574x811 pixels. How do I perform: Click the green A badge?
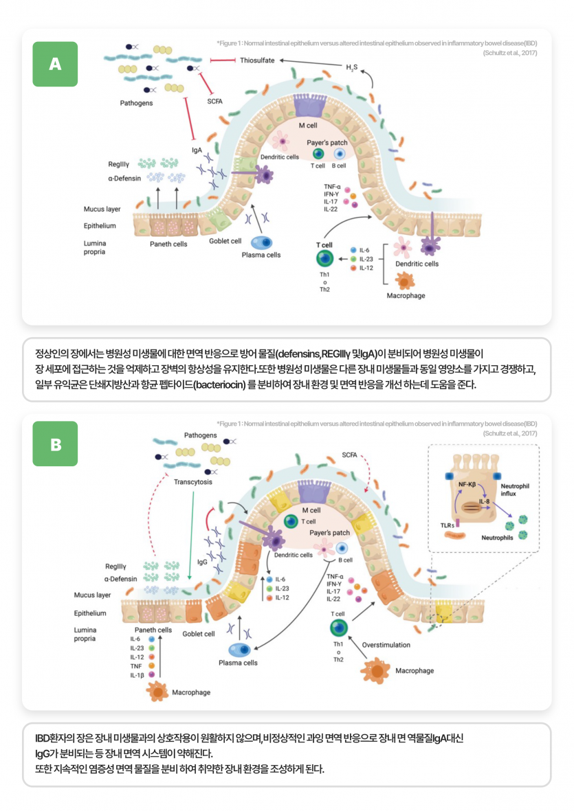click(x=55, y=64)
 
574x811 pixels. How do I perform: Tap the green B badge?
click(x=55, y=444)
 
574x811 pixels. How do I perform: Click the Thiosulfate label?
click(x=257, y=60)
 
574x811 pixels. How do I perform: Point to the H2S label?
click(x=352, y=67)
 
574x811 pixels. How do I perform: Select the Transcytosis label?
click(x=193, y=481)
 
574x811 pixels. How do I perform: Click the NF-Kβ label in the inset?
click(x=468, y=484)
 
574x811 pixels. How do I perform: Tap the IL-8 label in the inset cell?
click(x=485, y=501)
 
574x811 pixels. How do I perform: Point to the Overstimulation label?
click(x=386, y=645)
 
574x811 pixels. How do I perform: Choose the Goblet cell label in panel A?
click(x=225, y=241)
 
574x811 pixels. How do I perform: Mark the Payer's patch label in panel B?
click(x=330, y=532)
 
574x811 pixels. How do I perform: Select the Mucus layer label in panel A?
click(x=102, y=209)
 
